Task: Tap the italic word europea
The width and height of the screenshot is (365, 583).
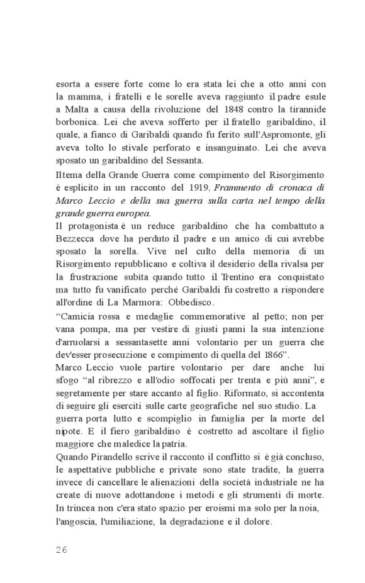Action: pyautogui.click(x=130, y=213)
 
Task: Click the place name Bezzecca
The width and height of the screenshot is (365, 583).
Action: pyautogui.click(x=76, y=239)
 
